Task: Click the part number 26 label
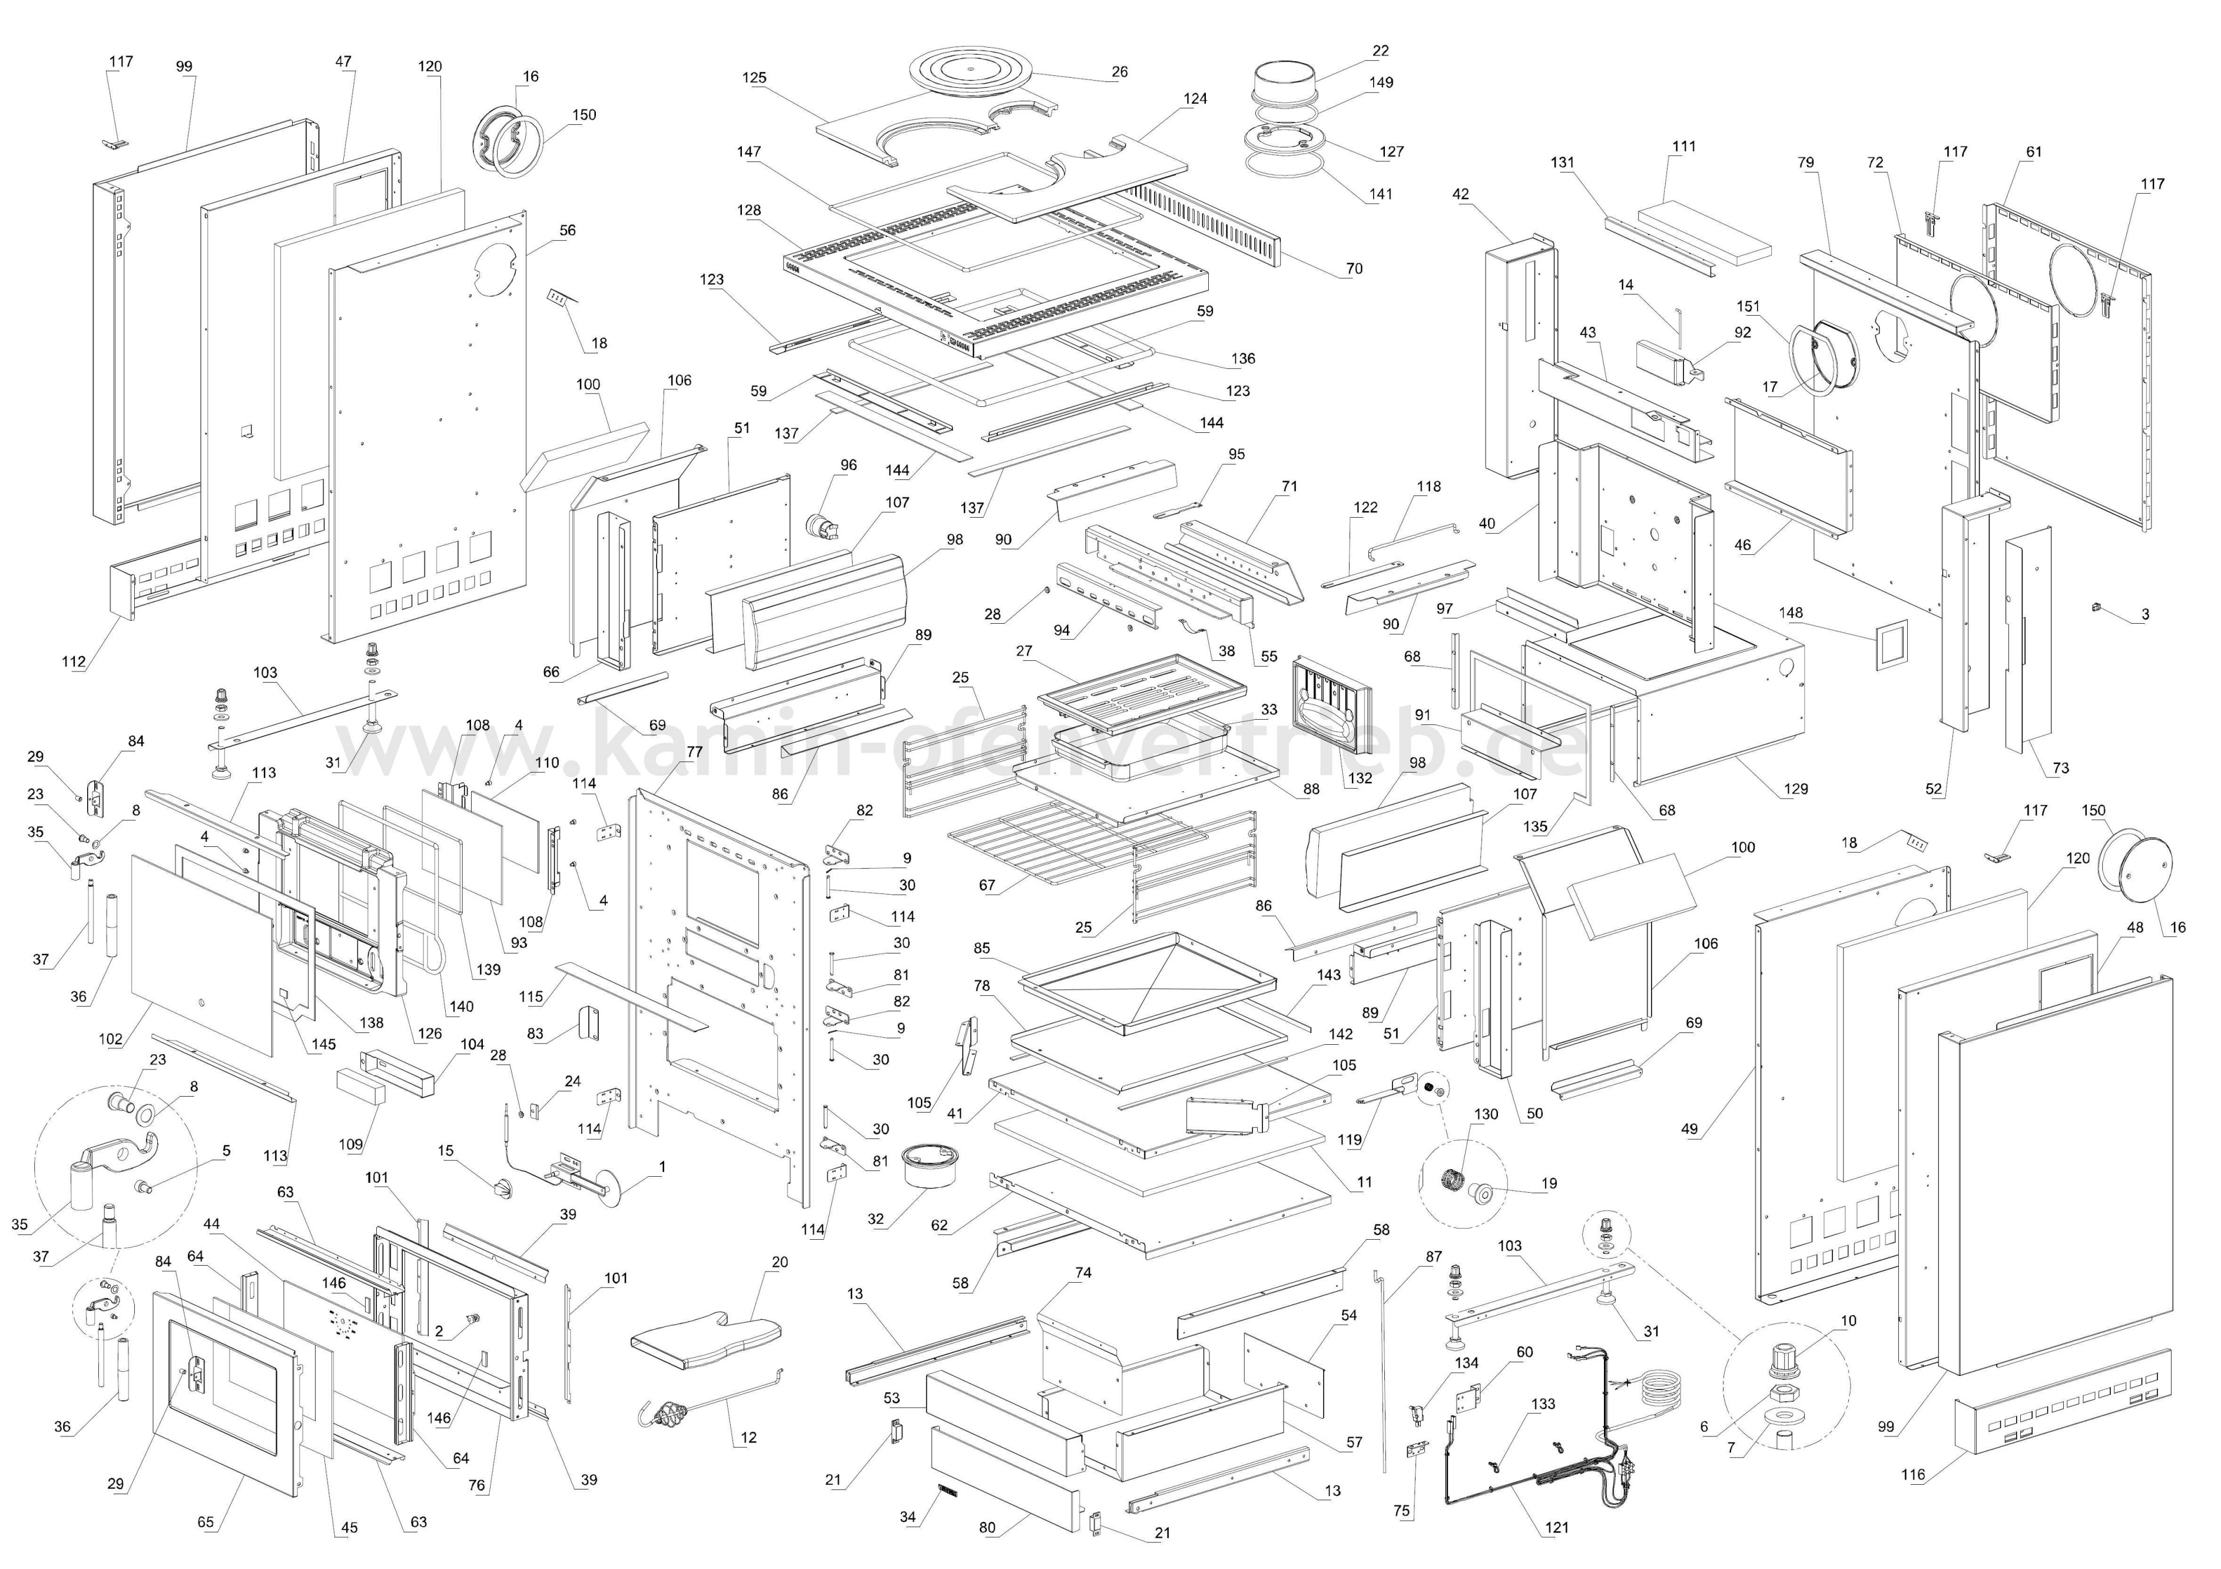(x=1119, y=72)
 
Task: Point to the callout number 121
(x=1556, y=1527)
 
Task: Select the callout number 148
(x=1791, y=613)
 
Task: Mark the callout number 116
(x=1912, y=1474)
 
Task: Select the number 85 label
(x=982, y=949)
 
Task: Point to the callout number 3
(x=2144, y=614)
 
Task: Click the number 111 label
(x=1683, y=146)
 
